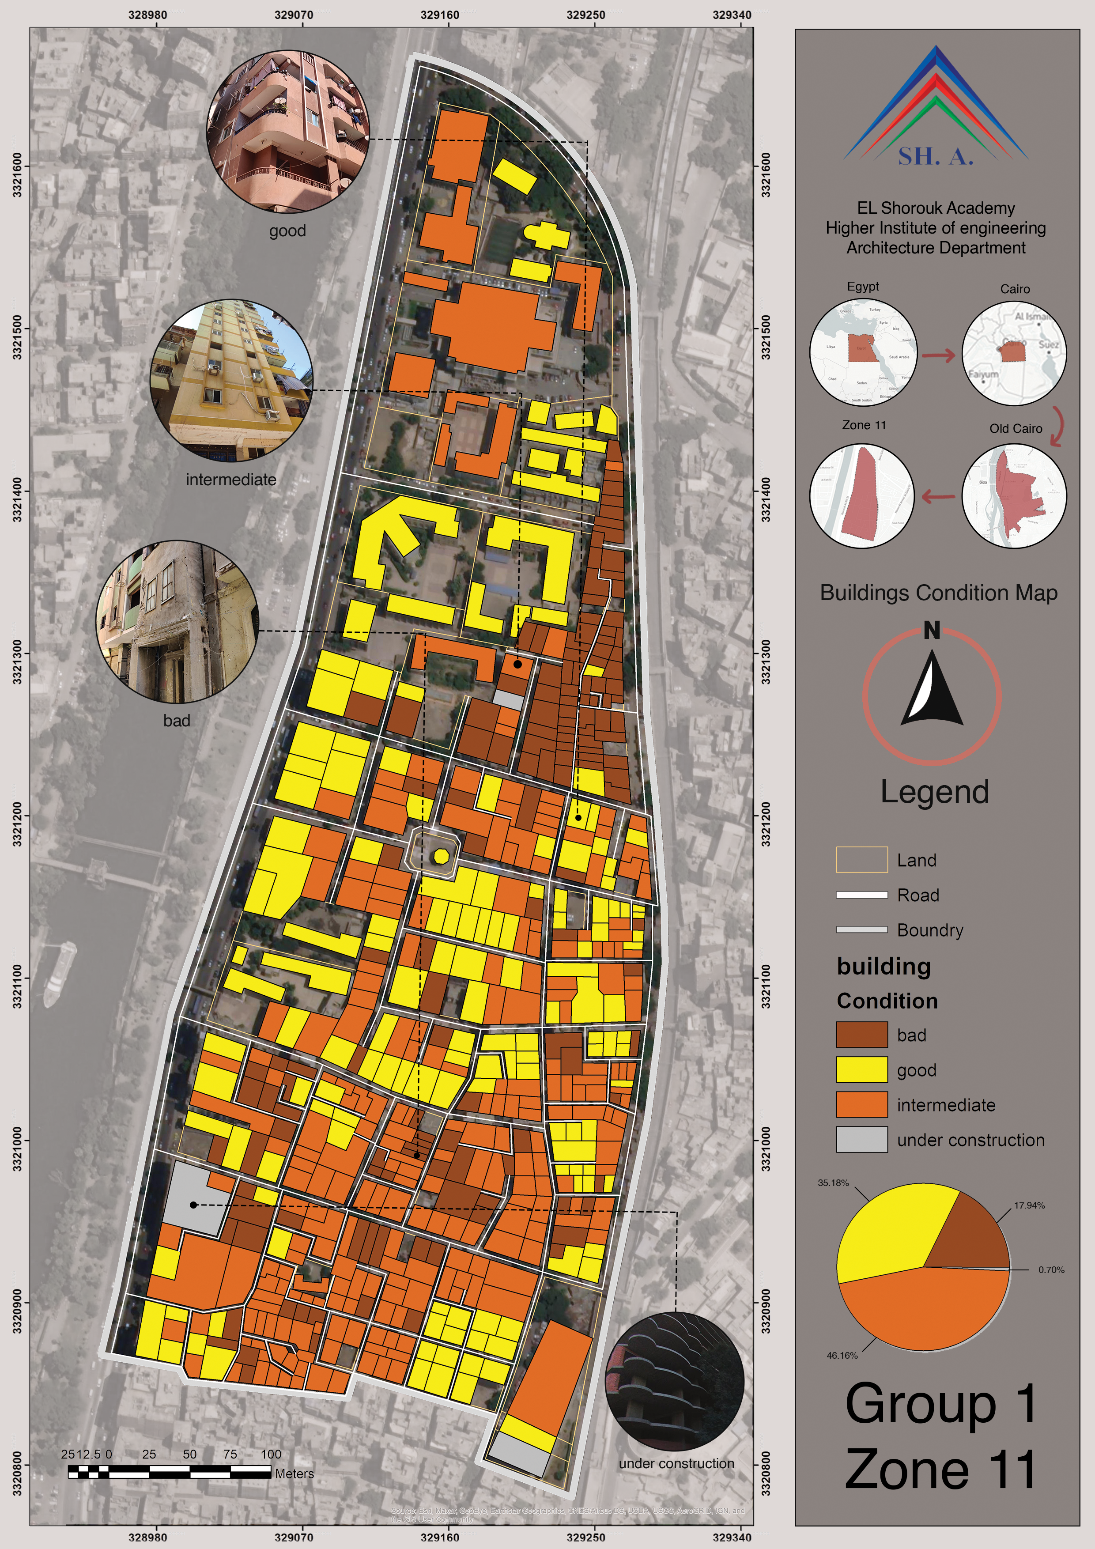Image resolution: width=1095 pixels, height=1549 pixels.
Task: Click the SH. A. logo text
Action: (935, 156)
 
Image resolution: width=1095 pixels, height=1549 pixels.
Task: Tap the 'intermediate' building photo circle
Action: (231, 381)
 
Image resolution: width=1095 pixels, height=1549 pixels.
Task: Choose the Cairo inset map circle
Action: (1014, 353)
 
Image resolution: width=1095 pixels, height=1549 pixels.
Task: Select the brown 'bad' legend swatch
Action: (861, 1035)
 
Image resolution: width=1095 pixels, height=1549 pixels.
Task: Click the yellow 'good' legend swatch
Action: (861, 1070)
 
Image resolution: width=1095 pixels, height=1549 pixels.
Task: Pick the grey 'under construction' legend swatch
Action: (861, 1140)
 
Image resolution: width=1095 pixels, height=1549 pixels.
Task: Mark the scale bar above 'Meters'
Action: (169, 1471)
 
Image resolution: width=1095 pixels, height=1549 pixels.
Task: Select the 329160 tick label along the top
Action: (439, 15)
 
